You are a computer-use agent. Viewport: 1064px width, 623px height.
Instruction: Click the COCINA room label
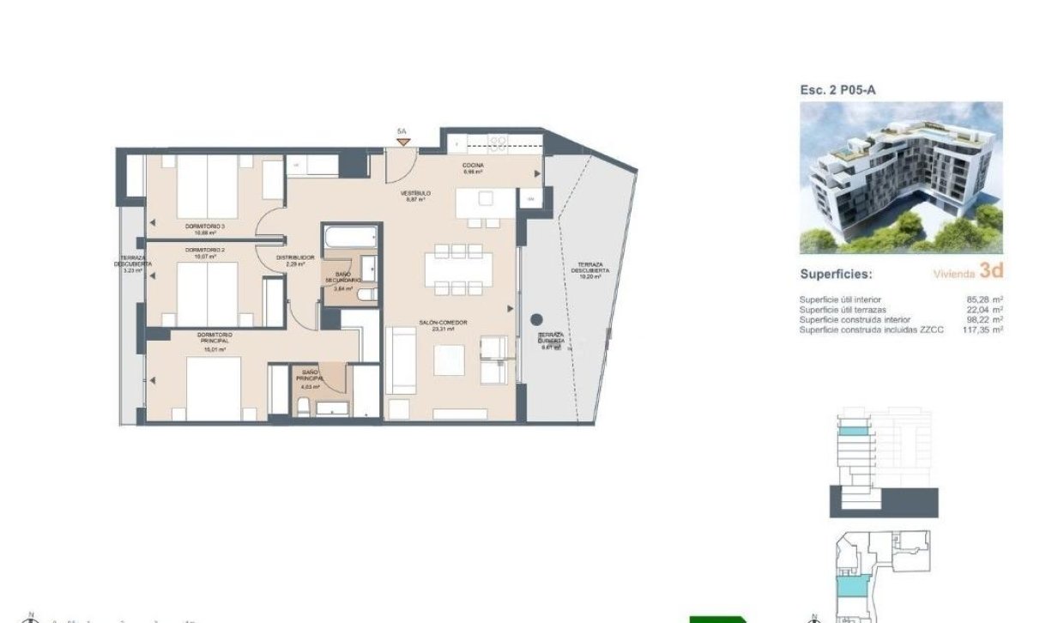click(473, 165)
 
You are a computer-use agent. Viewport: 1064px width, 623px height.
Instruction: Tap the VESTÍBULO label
click(415, 193)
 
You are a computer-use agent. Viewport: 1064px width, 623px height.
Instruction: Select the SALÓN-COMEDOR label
click(443, 323)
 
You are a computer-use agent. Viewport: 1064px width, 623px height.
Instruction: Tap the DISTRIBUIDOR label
click(294, 257)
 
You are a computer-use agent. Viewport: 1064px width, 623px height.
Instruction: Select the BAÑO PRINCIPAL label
click(309, 375)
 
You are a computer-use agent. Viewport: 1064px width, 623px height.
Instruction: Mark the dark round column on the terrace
click(537, 319)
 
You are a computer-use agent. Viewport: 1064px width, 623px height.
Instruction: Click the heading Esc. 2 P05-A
click(837, 90)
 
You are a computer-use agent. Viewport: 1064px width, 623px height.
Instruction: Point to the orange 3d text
click(991, 272)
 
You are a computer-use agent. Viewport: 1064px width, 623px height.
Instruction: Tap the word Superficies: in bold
click(836, 275)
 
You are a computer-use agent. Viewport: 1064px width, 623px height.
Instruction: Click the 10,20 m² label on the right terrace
click(589, 276)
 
